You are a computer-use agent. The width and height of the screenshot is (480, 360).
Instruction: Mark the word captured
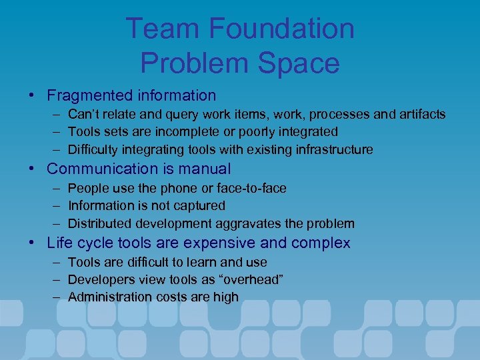pos(199,206)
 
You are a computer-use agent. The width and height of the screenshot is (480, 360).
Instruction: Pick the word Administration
pos(109,297)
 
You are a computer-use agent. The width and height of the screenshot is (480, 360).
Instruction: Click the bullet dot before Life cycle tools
pos(33,243)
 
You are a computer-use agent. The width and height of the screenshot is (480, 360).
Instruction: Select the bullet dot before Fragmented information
pos(33,96)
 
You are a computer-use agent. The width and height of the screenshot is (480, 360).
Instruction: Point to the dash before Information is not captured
pos(53,206)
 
